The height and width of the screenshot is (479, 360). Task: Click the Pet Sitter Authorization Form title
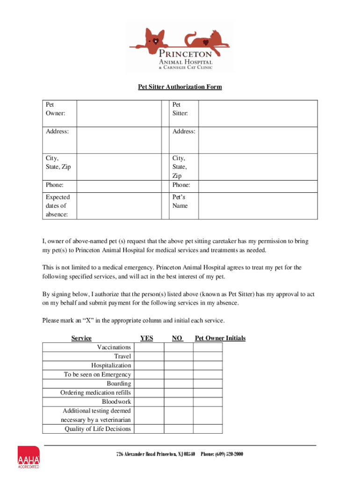click(180, 87)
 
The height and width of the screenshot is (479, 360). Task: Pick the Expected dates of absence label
click(58, 206)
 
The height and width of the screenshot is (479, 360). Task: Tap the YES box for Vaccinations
click(150, 347)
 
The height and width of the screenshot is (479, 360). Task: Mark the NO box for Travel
click(179, 356)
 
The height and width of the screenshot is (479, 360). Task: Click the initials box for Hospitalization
click(208, 365)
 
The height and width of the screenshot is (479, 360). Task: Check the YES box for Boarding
click(150, 384)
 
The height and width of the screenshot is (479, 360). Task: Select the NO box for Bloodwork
click(179, 402)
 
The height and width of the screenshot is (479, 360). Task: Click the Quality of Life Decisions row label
click(98, 429)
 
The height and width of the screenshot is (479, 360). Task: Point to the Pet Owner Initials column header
click(220, 338)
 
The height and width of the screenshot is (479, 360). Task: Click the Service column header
click(81, 338)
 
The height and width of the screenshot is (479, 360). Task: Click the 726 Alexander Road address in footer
click(156, 454)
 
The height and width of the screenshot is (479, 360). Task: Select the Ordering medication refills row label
click(96, 392)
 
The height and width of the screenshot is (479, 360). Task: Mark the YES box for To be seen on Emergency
click(150, 375)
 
